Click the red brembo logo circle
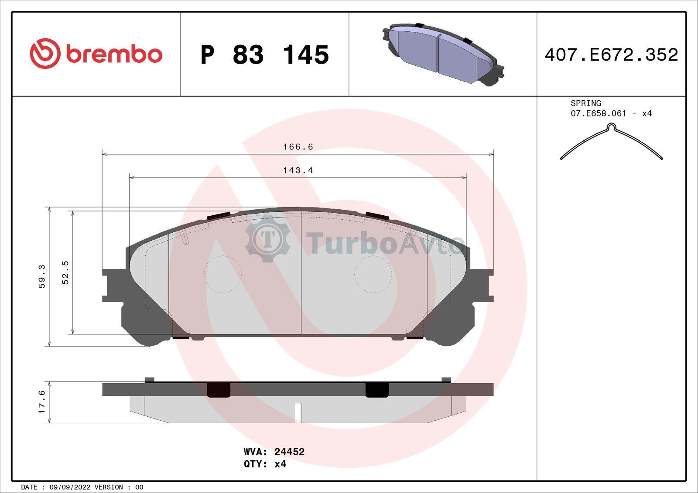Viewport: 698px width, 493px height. coord(45,53)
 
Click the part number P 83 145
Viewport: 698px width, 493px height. coord(265,55)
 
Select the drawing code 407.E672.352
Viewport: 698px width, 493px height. coord(611,55)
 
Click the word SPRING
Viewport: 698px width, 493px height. coord(586,103)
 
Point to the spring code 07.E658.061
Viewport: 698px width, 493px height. coord(598,113)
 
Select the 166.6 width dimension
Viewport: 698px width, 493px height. coord(298,147)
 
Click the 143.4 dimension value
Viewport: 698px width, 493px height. coord(298,170)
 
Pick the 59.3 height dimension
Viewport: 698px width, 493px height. coord(42,276)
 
